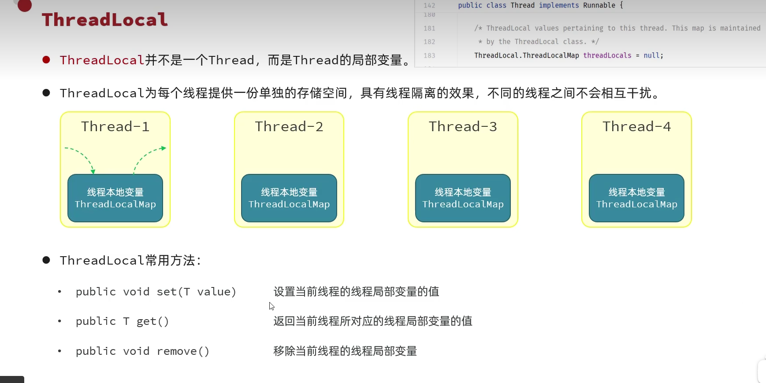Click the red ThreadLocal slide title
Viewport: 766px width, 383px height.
[x=105, y=20]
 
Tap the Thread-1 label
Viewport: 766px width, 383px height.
[x=115, y=127]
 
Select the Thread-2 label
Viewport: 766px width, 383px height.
[x=289, y=127]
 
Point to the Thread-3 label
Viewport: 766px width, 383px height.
[x=463, y=127]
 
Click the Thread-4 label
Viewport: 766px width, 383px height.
[x=636, y=127]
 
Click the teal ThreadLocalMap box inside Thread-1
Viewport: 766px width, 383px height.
[x=115, y=198]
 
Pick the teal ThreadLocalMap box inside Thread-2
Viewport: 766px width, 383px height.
[x=289, y=198]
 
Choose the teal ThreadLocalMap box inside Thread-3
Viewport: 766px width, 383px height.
[x=463, y=198]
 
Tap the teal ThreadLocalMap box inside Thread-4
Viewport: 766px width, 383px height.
[x=636, y=198]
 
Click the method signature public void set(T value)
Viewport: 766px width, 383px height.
[x=156, y=292]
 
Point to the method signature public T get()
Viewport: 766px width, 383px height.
[x=122, y=321]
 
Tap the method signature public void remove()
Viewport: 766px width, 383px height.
[x=142, y=351]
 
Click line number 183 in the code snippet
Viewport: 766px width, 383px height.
[x=429, y=55]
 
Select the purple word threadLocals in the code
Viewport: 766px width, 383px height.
[x=607, y=55]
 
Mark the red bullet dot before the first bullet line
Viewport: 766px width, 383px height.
[x=46, y=60]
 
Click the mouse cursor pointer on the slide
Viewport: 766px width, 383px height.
[x=271, y=306]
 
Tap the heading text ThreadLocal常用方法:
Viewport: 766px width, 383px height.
[x=130, y=261]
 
